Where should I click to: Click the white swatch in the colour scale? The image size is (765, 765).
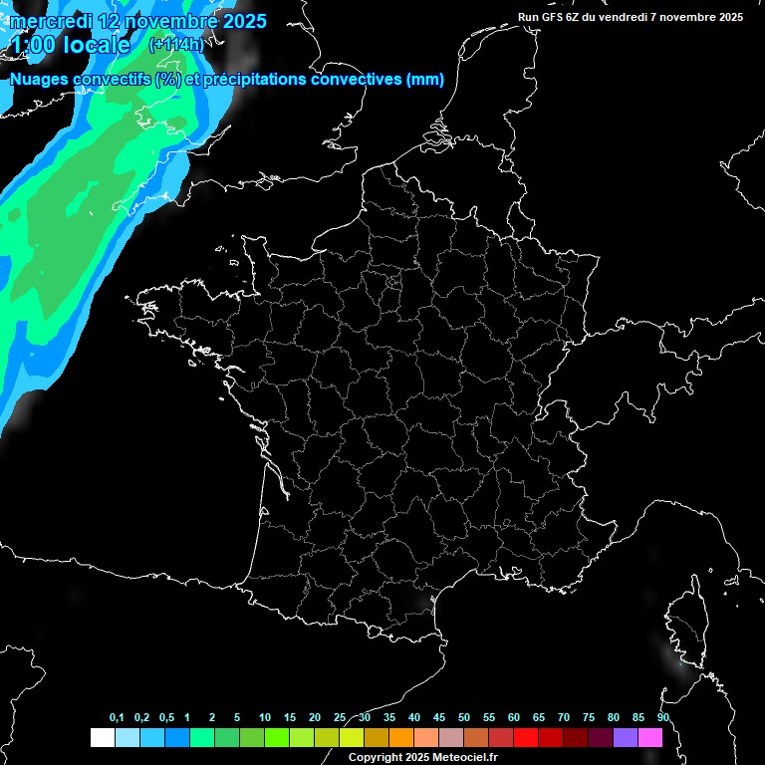click(x=102, y=738)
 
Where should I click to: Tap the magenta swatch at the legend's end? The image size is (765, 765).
click(x=650, y=738)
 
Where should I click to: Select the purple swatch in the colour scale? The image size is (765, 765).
click(x=626, y=738)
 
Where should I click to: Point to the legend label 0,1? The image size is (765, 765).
click(x=117, y=718)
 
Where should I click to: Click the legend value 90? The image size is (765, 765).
click(x=663, y=718)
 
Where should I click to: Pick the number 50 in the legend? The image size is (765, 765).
click(x=464, y=718)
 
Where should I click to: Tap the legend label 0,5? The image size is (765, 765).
click(x=166, y=718)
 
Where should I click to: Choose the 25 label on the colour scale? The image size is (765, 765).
click(x=340, y=718)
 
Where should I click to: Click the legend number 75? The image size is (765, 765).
click(x=588, y=718)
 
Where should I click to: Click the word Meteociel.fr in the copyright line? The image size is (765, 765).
click(x=464, y=758)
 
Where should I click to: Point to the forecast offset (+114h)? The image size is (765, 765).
click(x=175, y=45)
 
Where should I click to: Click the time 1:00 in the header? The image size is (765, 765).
click(x=33, y=46)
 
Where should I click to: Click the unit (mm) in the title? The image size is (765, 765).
click(x=425, y=80)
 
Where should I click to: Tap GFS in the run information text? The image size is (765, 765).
click(x=556, y=17)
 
